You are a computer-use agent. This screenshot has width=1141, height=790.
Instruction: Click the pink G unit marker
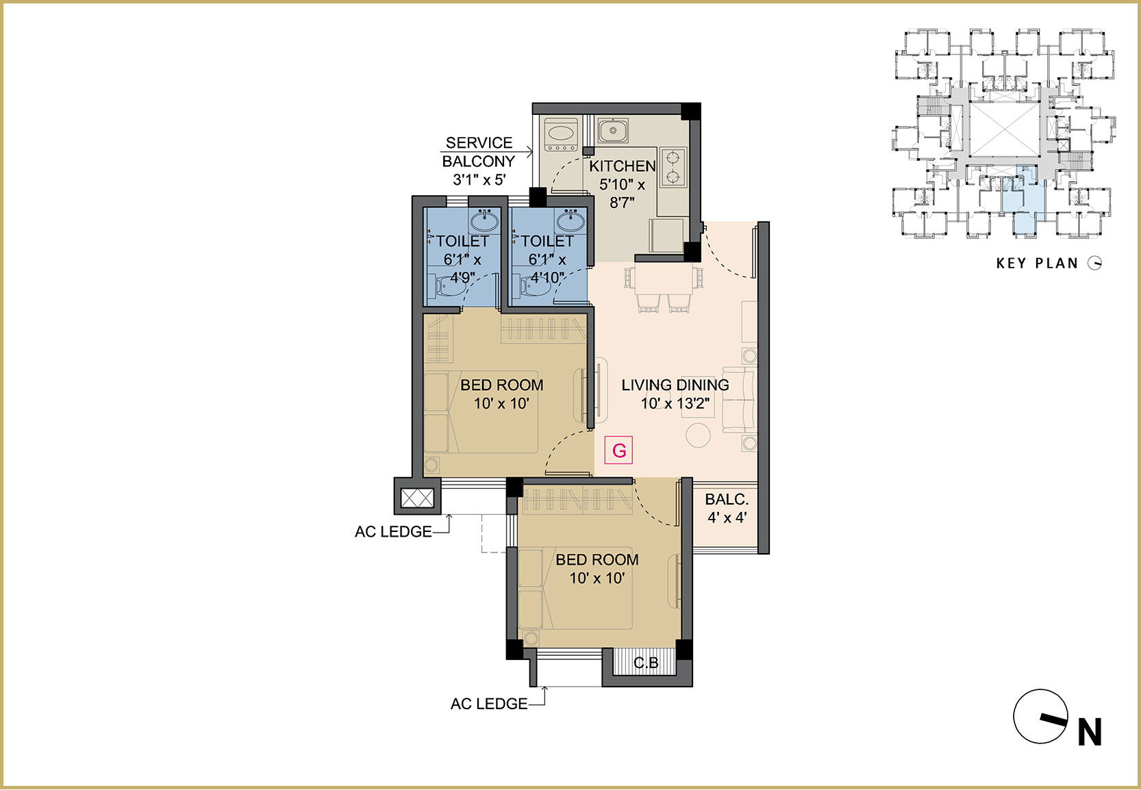pos(618,450)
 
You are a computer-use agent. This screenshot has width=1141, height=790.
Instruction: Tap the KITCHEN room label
pos(622,166)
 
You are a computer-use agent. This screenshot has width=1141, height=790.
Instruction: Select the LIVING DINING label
pos(675,385)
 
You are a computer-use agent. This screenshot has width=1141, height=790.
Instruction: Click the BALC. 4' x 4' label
pos(727,508)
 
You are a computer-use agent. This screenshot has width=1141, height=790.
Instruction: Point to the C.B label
pos(646,663)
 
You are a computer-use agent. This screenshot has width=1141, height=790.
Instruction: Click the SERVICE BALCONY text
pos(478,152)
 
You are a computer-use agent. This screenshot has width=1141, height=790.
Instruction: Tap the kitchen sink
pos(613,130)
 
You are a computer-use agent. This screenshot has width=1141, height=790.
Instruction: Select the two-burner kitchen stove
pos(673,166)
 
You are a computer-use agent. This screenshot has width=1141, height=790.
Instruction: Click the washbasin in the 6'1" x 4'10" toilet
pos(570,220)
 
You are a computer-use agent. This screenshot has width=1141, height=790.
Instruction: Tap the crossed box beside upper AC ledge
pos(417,498)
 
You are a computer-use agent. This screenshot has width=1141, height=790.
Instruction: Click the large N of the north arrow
pos(1090,732)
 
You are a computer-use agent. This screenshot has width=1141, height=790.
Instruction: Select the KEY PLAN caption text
pos(1037,263)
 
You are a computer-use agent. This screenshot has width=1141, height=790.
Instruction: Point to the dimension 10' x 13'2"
pos(675,404)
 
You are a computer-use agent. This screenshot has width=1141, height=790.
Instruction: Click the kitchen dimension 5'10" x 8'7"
pos(622,194)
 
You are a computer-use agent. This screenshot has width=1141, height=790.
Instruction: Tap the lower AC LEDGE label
pos(489,704)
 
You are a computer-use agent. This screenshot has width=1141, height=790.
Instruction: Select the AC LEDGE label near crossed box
pos(393,531)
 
